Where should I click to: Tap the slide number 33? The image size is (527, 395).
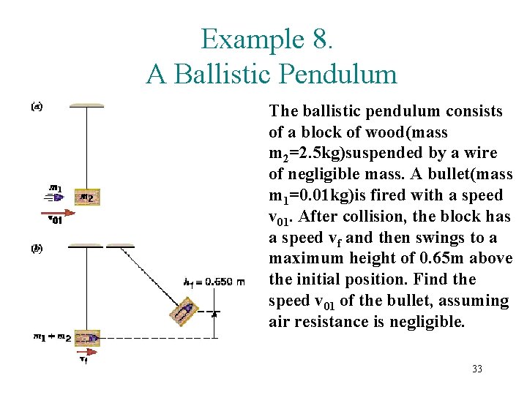[477, 369]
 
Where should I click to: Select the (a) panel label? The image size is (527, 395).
[37, 107]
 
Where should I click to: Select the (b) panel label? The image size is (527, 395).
[37, 248]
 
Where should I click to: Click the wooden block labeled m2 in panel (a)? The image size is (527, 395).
[87, 196]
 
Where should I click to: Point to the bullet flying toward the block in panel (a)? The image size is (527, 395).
[58, 196]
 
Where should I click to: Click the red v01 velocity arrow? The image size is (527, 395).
[62, 213]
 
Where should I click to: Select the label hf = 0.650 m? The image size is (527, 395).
[214, 282]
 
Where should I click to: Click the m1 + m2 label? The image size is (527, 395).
[52, 337]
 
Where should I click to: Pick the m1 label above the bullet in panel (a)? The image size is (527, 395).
[55, 186]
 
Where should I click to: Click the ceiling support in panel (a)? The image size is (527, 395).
[86, 105]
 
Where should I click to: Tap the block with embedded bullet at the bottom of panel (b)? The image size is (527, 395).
[88, 338]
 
